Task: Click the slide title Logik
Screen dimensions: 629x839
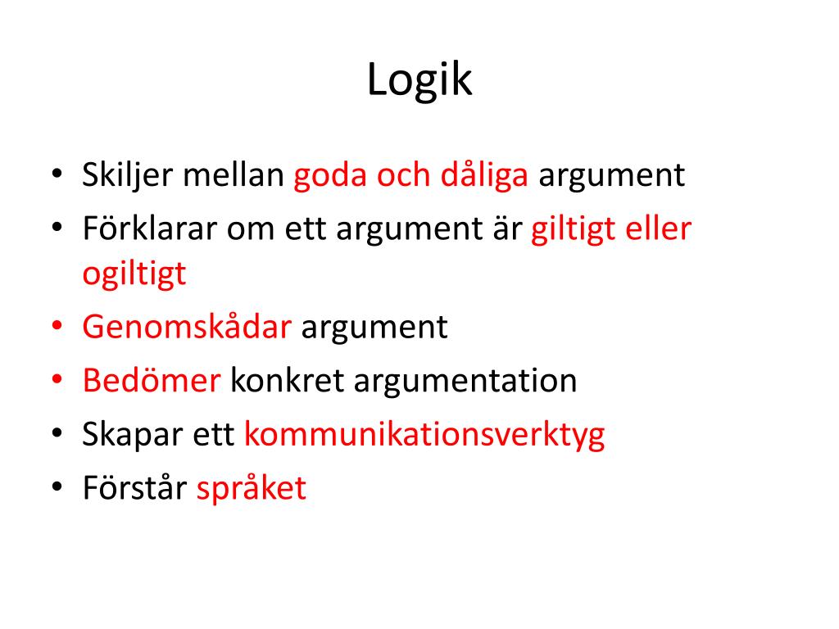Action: tap(419, 81)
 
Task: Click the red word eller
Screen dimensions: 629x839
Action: tap(659, 229)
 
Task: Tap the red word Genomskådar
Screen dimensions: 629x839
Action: tap(187, 328)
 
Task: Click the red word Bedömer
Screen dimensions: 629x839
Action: tap(152, 381)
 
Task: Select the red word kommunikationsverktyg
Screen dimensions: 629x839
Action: tap(424, 435)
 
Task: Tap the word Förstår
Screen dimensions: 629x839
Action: tap(135, 488)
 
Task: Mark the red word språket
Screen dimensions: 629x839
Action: tap(251, 489)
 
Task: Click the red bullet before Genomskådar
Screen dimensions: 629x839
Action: tap(57, 328)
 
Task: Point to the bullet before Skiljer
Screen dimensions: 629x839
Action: tap(57, 176)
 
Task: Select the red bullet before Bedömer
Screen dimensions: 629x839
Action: tap(57, 381)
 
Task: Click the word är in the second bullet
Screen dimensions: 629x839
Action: tap(507, 229)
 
